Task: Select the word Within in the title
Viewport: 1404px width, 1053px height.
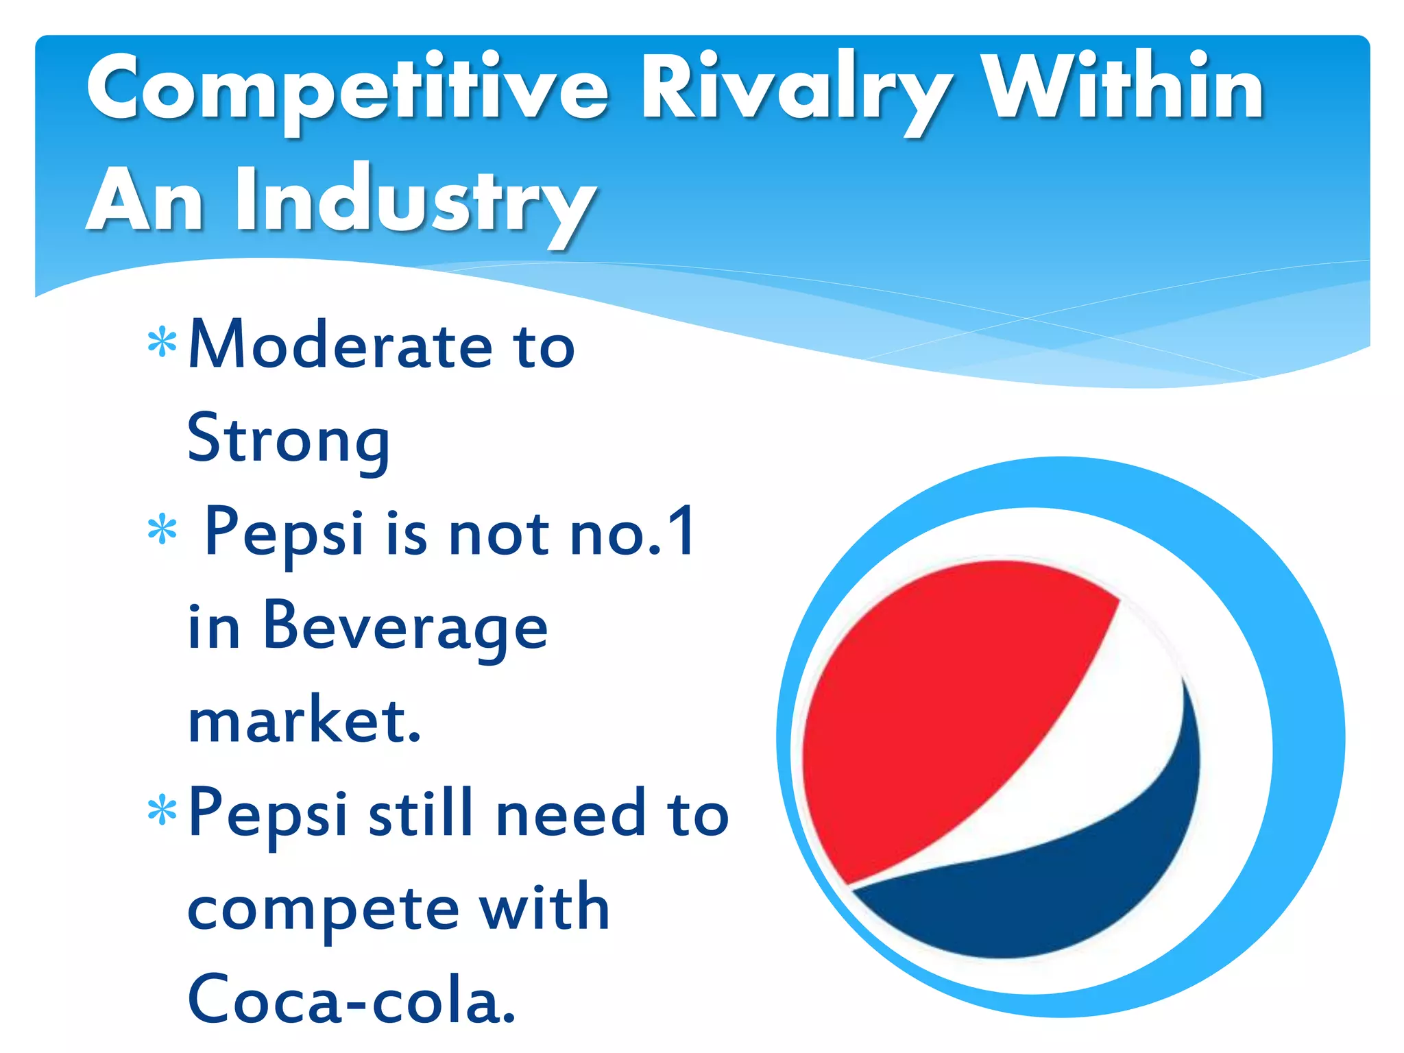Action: pos(1124,89)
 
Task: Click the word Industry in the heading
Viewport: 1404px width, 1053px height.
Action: pos(414,202)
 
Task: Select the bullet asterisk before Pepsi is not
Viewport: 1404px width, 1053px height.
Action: pos(162,529)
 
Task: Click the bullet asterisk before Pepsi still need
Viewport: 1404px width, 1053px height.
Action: pos(162,810)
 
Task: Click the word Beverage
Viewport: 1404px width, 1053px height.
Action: pos(405,627)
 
